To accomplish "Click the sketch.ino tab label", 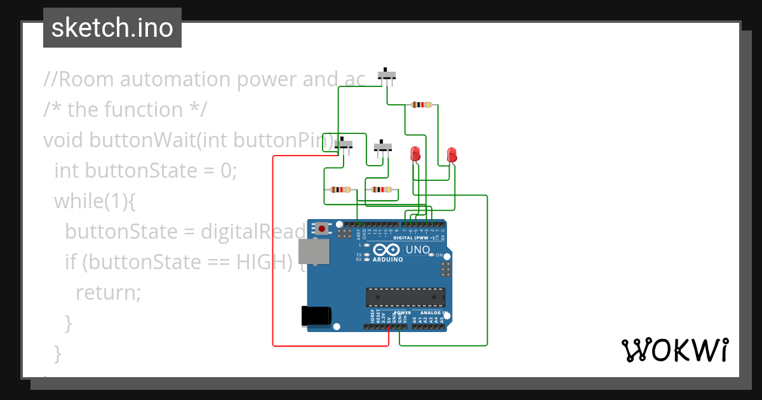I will [x=112, y=28].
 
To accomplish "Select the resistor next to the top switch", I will [x=422, y=105].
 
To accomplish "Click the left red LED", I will [x=415, y=154].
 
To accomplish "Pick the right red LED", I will [x=451, y=154].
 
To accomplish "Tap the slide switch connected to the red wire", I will [x=344, y=145].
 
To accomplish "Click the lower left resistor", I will [x=341, y=189].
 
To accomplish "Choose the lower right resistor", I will [x=382, y=189].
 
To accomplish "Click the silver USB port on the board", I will [x=314, y=251].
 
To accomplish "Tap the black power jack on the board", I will [x=316, y=316].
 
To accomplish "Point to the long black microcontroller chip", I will [x=405, y=297].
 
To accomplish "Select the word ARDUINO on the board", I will [x=387, y=260].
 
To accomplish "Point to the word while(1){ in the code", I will [x=95, y=201].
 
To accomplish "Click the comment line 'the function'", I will [x=125, y=110].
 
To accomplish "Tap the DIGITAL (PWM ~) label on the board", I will [x=414, y=237].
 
